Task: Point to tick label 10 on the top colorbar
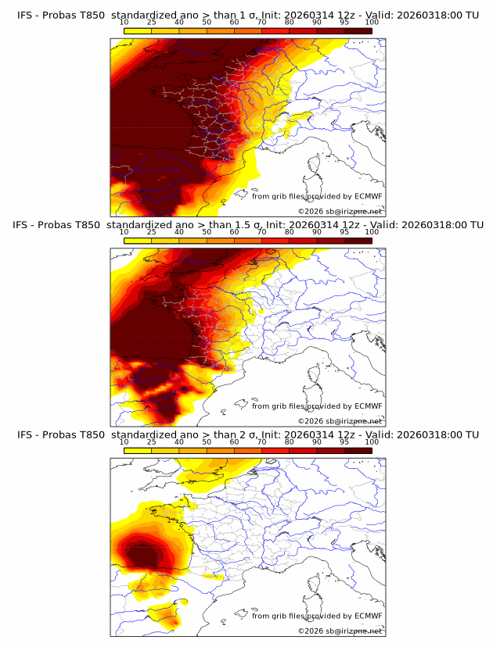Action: click(x=124, y=22)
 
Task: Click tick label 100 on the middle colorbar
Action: click(x=372, y=232)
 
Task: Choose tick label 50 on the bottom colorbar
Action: click(x=207, y=442)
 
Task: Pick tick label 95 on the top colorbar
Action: click(x=344, y=22)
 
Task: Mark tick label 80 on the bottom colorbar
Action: click(x=290, y=442)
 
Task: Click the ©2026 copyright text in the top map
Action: click(x=340, y=212)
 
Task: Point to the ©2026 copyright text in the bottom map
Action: click(x=340, y=631)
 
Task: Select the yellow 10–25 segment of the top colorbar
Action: click(x=138, y=30)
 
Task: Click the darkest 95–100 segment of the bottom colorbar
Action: click(x=358, y=451)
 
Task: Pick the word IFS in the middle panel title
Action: click(x=25, y=224)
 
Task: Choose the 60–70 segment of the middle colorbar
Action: click(x=248, y=241)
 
